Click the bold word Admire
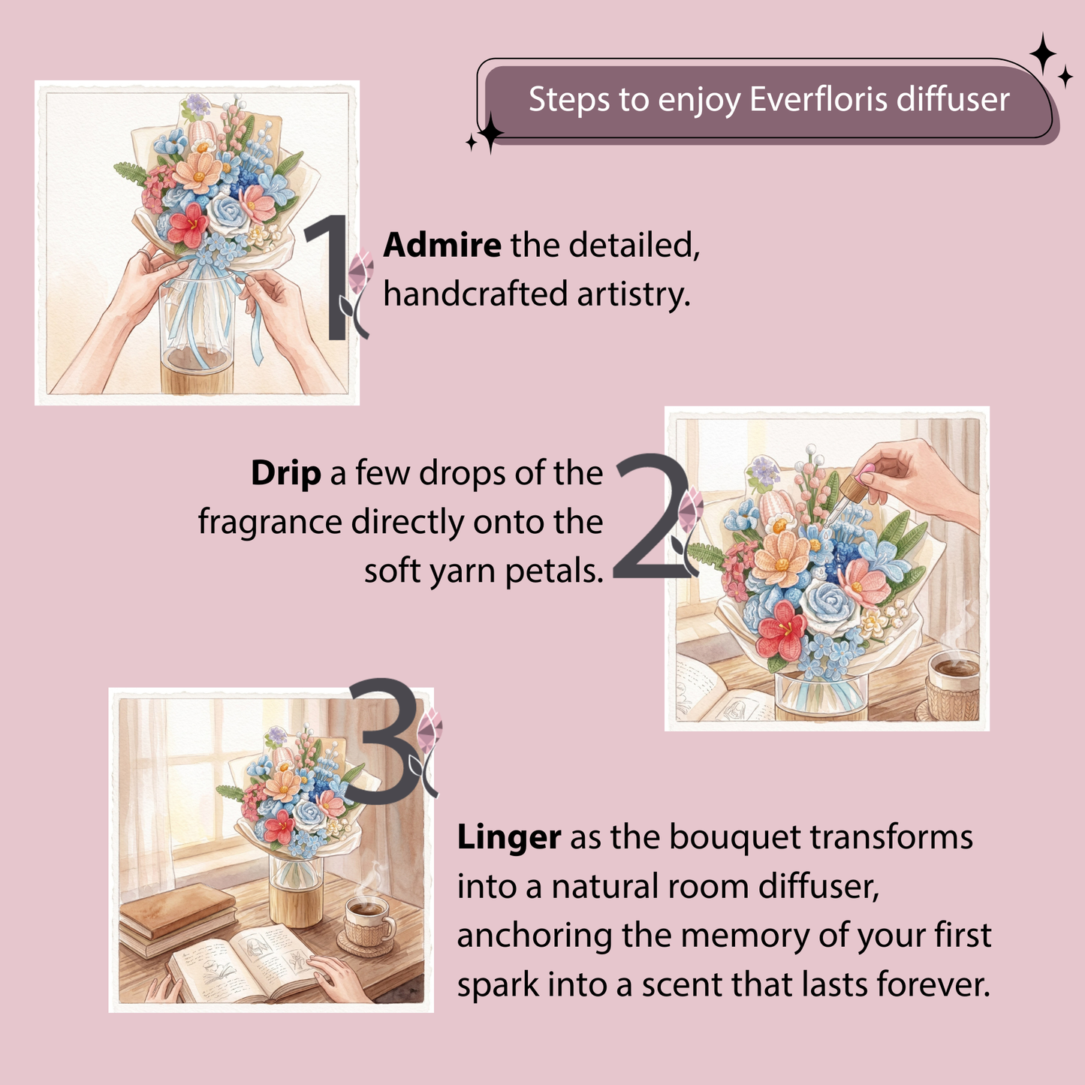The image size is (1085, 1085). pos(442,245)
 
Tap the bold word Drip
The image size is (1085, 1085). pos(286,474)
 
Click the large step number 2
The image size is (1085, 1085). pos(651,516)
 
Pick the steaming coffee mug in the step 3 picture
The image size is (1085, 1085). pos(369,921)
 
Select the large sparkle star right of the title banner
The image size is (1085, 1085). pos(1043,54)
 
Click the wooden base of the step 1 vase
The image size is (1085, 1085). pos(196,377)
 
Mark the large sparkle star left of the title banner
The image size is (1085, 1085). pos(490,133)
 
